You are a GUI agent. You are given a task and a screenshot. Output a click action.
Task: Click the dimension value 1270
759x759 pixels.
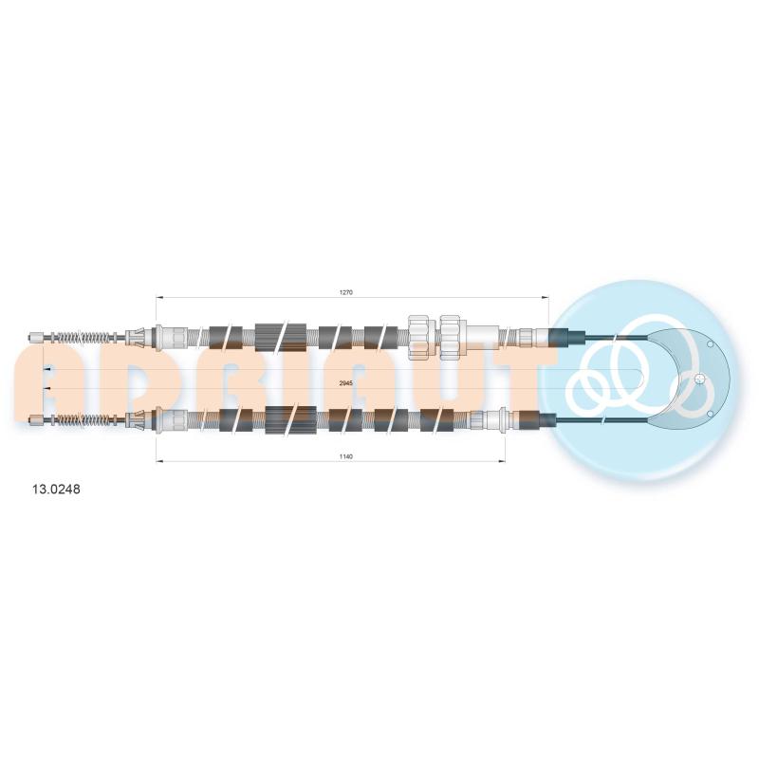346,292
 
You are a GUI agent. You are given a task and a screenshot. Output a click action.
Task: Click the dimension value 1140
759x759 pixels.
346,456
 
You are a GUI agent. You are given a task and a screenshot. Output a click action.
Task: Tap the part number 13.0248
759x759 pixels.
56,490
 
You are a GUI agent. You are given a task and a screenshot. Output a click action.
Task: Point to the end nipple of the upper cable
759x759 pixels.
36,337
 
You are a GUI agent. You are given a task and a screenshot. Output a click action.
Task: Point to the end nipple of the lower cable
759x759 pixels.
36,419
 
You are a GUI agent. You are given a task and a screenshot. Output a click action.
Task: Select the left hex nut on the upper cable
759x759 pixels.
419,338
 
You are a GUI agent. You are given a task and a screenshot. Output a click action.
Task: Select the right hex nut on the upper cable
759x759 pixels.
450,338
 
